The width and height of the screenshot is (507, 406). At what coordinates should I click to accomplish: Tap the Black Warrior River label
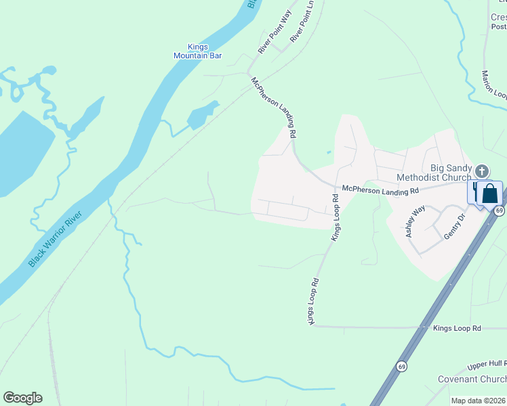click(x=56, y=239)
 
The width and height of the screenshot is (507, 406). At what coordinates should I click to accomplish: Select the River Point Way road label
click(x=274, y=31)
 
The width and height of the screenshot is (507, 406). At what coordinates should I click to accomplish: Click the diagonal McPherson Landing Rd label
click(x=275, y=107)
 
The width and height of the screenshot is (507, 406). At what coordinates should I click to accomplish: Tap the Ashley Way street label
click(x=414, y=221)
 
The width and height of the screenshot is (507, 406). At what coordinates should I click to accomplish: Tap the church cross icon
click(x=482, y=171)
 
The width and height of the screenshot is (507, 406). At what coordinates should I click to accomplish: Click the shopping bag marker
click(x=489, y=194)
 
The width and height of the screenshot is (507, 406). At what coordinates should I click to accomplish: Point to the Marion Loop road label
click(x=494, y=85)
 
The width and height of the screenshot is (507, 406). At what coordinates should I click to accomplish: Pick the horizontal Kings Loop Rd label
click(x=457, y=328)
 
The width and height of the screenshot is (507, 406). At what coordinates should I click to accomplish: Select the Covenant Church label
click(x=472, y=380)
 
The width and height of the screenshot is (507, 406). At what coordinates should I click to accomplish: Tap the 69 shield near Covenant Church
click(x=402, y=366)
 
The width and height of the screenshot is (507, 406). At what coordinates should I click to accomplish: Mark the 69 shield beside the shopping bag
click(x=499, y=211)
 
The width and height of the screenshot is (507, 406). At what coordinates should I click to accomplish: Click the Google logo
click(x=22, y=398)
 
